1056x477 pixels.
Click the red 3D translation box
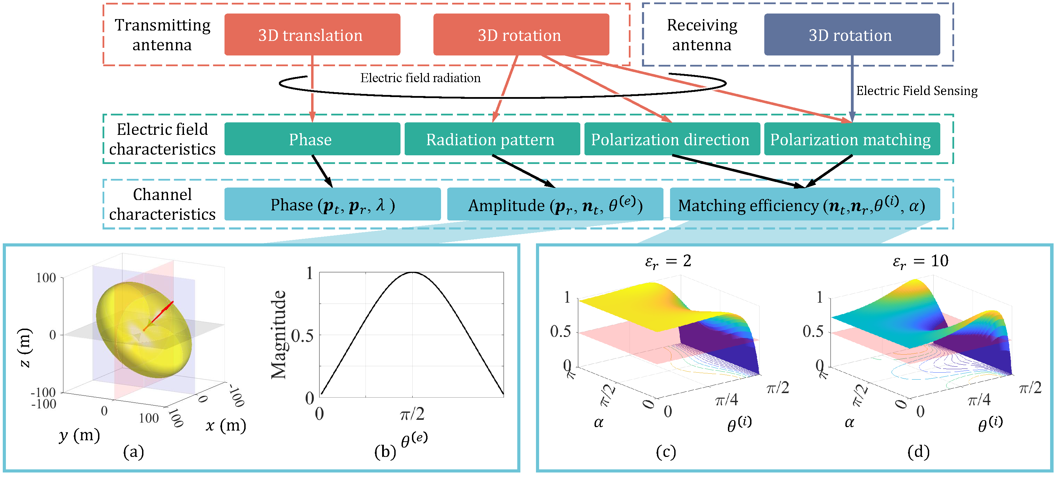point(312,35)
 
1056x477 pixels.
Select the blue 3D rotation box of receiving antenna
point(852,35)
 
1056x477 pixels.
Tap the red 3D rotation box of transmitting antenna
point(521,35)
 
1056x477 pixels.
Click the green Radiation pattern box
point(492,139)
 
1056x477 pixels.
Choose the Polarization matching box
point(852,139)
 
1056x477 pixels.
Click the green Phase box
point(312,139)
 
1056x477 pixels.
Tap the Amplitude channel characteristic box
point(555,205)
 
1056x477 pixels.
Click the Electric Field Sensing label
point(916,90)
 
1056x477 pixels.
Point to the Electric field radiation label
point(420,78)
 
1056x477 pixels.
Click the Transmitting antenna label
point(162,35)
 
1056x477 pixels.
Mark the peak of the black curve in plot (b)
point(412,273)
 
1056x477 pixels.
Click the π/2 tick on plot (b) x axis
point(412,414)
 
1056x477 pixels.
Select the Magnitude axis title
point(279,334)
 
